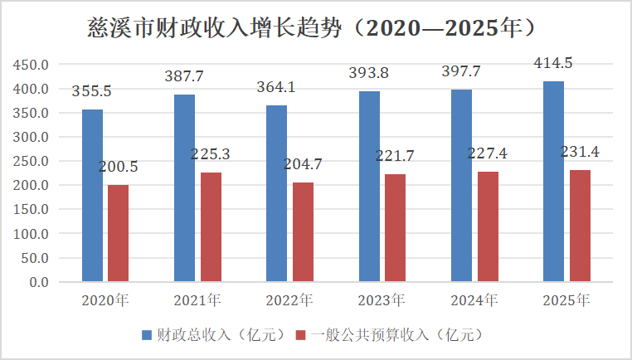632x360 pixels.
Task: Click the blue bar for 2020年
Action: [93, 196]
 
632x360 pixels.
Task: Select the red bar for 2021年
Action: [211, 227]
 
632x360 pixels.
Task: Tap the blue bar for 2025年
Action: [553, 182]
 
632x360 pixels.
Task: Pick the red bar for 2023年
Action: [395, 228]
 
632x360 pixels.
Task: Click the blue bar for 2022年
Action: [277, 194]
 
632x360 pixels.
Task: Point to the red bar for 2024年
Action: [488, 226]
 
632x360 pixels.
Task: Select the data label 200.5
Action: [119, 168]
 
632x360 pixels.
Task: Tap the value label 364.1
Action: [278, 87]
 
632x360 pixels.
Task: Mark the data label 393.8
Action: [370, 73]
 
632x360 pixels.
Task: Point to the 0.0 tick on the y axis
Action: [40, 282]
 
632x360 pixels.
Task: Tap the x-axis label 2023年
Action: [382, 300]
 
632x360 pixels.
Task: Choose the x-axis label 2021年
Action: [197, 300]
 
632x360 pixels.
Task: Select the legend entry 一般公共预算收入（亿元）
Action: [397, 335]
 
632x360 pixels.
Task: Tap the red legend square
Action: [302, 335]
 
